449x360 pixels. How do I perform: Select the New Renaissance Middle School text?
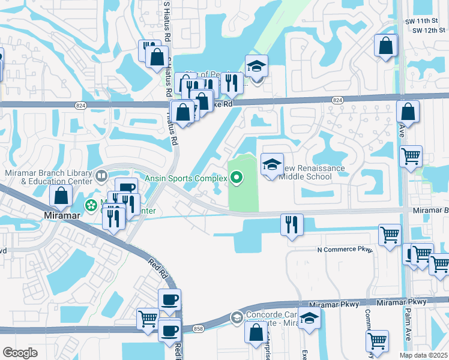(x=307, y=173)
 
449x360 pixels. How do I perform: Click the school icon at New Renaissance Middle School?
(x=272, y=164)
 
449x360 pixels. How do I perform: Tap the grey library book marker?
(x=101, y=176)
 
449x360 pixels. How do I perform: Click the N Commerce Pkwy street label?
(x=344, y=250)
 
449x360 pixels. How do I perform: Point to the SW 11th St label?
(x=422, y=21)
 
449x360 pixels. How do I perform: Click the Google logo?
(x=20, y=352)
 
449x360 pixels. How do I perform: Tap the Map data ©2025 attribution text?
(x=423, y=355)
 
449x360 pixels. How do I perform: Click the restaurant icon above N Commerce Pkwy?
(x=292, y=225)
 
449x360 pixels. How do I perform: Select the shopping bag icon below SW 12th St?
(x=385, y=46)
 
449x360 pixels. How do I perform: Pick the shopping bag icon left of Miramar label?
(x=61, y=195)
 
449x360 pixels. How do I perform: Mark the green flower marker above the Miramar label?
(x=91, y=205)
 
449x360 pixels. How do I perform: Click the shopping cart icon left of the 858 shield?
(x=148, y=318)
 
